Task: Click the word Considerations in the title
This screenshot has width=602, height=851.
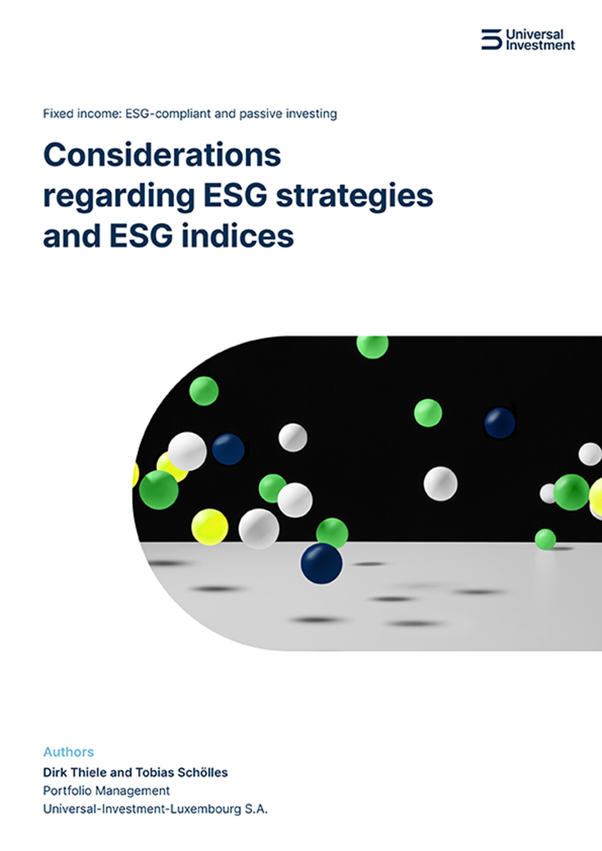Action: click(162, 155)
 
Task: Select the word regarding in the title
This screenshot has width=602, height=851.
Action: click(119, 196)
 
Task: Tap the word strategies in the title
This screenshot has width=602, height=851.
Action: click(354, 196)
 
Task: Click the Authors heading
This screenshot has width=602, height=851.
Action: click(68, 752)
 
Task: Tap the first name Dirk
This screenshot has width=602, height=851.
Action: click(55, 772)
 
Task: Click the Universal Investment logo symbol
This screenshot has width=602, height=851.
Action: click(491, 40)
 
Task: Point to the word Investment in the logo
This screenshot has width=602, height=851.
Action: click(540, 46)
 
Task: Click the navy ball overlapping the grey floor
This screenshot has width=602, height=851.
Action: click(322, 563)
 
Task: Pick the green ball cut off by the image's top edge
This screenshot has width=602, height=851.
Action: click(373, 346)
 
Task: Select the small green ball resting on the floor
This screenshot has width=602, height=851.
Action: click(545, 539)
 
